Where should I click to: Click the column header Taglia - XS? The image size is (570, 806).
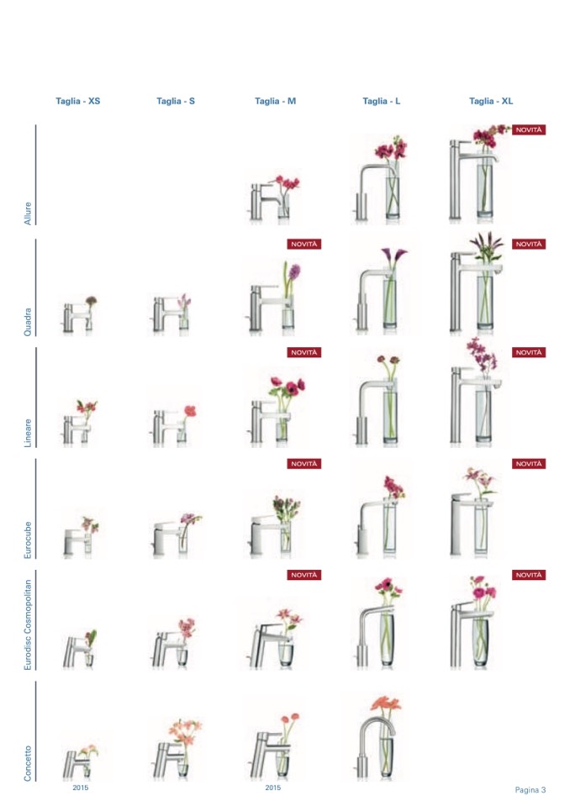tap(77, 101)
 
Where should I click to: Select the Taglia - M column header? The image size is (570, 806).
tap(275, 101)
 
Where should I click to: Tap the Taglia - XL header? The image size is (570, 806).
tap(491, 101)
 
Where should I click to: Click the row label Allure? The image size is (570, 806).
tap(28, 213)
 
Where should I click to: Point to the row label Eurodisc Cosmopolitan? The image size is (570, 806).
tap(28, 624)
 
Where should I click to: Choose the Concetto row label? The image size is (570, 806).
tap(28, 763)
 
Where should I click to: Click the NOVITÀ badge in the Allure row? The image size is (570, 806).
tap(528, 130)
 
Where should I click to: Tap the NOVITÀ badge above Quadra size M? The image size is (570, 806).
tap(303, 245)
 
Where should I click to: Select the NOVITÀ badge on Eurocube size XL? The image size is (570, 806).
tap(528, 464)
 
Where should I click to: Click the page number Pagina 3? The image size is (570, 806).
tap(530, 789)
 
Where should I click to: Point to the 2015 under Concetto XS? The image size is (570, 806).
tap(80, 788)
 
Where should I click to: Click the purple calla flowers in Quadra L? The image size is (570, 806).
tap(393, 255)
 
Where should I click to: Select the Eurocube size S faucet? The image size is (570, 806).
tap(165, 538)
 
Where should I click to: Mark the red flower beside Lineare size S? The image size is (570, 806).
tap(190, 411)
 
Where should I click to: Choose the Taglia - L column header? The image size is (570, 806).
tap(381, 101)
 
